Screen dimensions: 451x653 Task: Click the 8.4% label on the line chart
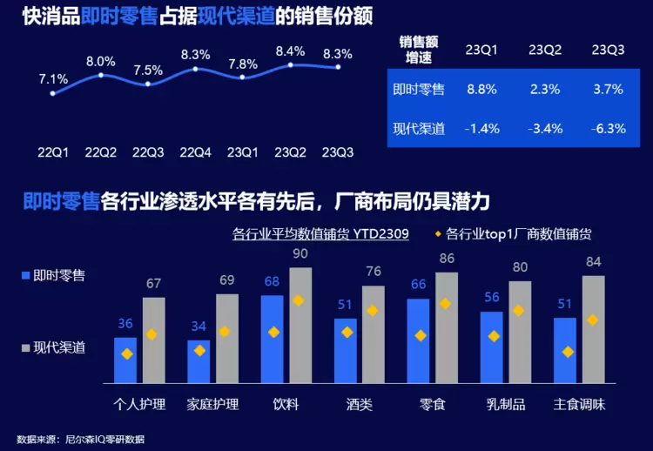click(290, 51)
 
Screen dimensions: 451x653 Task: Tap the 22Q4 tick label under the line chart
click(194, 151)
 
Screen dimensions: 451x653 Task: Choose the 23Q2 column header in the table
click(544, 50)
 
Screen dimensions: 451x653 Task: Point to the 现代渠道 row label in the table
click(418, 128)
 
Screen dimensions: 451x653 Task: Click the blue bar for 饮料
click(272, 339)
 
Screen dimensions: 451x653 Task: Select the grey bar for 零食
click(447, 327)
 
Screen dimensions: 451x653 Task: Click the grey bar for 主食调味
click(594, 329)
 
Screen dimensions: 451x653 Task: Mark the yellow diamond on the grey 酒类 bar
click(373, 311)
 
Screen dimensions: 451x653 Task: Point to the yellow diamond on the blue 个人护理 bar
click(126, 353)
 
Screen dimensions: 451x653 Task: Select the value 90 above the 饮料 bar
click(300, 254)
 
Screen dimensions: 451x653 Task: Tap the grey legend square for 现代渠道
click(25, 347)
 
